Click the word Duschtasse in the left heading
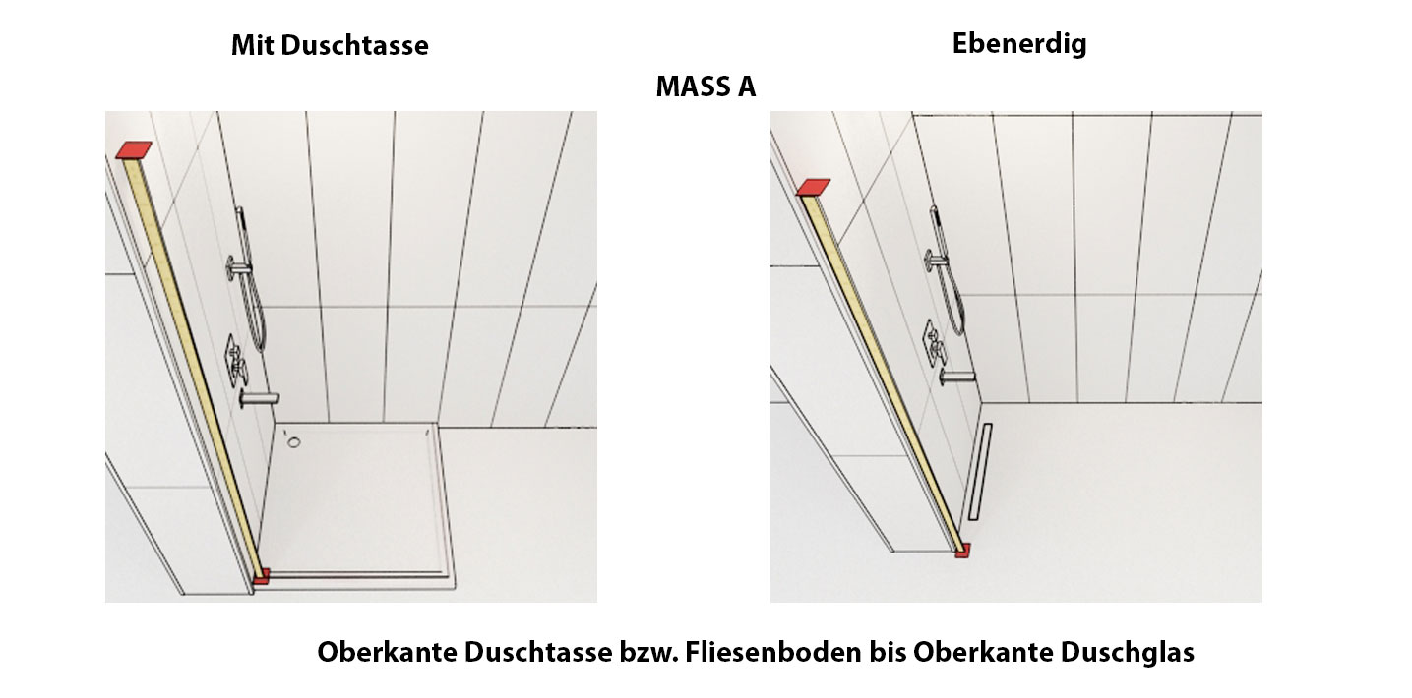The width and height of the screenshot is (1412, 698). tap(354, 45)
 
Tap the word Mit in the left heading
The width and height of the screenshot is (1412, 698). tap(252, 45)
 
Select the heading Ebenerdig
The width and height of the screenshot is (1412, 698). tap(1019, 44)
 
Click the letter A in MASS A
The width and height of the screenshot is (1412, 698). tap(746, 87)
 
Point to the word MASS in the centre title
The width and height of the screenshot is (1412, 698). tap(693, 87)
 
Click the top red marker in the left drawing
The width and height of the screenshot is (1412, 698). tap(134, 150)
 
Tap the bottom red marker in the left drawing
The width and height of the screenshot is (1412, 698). tap(262, 576)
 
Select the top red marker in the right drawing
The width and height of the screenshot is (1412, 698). tap(813, 187)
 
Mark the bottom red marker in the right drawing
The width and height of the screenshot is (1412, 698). tap(962, 551)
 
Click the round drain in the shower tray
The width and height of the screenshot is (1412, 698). tap(294, 442)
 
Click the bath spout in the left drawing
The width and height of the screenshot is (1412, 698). tap(259, 399)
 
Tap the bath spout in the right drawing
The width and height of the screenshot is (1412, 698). tap(956, 378)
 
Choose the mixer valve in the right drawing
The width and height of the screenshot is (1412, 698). tap(935, 343)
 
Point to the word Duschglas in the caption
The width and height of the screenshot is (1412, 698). tap(1127, 652)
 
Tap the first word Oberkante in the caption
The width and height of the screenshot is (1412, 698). tap(387, 652)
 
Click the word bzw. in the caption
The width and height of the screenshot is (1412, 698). tap(648, 652)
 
